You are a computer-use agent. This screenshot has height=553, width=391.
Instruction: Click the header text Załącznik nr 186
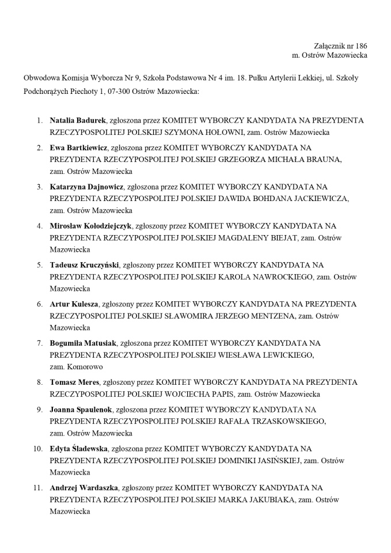tap(340, 46)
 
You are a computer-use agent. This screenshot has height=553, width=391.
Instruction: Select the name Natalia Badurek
tap(78, 120)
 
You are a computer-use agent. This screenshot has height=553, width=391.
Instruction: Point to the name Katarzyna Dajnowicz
tap(86, 187)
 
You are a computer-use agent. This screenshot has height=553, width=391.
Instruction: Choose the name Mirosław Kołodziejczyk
tap(90, 226)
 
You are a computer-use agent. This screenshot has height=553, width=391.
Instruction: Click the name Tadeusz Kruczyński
tap(84, 265)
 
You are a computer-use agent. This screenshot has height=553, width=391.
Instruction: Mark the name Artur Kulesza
tap(74, 304)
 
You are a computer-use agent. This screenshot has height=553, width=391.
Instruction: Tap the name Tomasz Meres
tap(74, 382)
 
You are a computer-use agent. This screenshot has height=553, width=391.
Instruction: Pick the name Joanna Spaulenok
tap(81, 410)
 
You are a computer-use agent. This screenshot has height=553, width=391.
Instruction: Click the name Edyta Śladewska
tap(78, 448)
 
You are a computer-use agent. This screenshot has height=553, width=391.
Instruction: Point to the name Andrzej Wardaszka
tap(84, 487)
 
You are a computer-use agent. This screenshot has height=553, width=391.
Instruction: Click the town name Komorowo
tap(84, 366)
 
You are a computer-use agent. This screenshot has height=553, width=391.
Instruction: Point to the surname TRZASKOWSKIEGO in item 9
tap(288, 421)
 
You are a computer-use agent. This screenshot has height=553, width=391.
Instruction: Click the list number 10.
tap(37, 448)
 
